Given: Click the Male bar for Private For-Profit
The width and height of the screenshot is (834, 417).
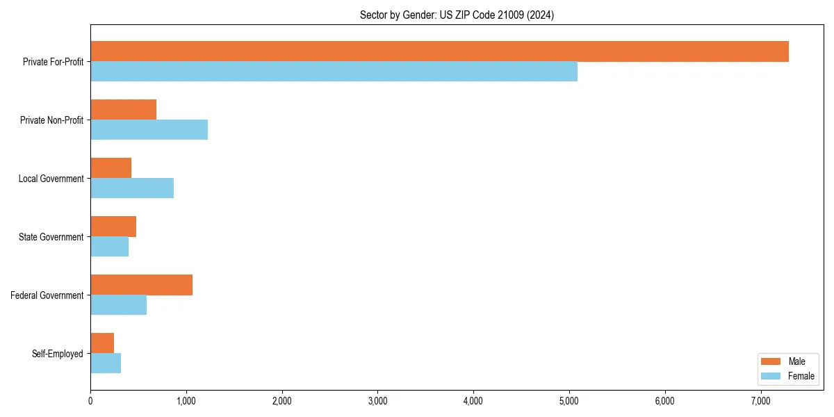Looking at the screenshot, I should tap(439, 51).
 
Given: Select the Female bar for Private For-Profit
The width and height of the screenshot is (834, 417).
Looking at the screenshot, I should tap(334, 72).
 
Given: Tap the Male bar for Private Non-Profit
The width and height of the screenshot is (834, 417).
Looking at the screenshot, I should tap(123, 110).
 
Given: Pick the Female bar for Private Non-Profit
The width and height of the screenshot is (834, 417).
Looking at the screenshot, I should tap(149, 130).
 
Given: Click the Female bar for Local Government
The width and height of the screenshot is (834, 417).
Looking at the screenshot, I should tap(132, 188).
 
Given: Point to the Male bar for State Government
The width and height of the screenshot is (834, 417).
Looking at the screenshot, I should tap(113, 227).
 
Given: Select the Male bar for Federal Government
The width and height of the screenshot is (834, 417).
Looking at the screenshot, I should tap(141, 285).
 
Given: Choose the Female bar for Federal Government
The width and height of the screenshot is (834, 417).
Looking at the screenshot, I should tap(118, 305).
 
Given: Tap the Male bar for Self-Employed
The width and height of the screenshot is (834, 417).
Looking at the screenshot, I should tap(102, 343).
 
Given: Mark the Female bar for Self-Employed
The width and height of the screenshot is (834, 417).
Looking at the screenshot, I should tap(106, 363).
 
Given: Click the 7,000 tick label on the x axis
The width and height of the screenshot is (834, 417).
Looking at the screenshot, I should tap(761, 401).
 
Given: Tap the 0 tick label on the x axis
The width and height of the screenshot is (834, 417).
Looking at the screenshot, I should tap(90, 401).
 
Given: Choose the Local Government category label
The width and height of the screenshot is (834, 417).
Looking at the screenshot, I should tap(51, 179).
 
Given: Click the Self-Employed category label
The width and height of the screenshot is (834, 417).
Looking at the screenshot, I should tap(57, 354).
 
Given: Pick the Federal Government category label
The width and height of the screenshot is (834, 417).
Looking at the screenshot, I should tap(47, 295).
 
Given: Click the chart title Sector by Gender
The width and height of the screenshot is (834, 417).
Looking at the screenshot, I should tap(457, 15).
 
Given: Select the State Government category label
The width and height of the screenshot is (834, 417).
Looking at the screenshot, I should tap(51, 237).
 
